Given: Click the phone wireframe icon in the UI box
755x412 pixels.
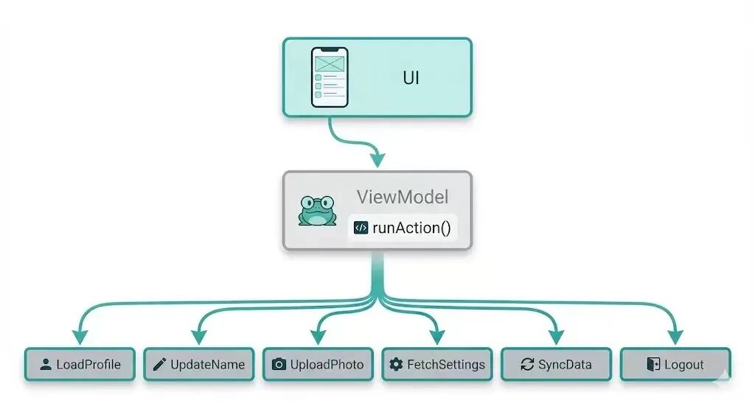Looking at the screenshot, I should click(330, 77).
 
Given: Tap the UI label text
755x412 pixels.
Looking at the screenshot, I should click(411, 77).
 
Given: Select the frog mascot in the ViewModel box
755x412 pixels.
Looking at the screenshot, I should click(316, 211).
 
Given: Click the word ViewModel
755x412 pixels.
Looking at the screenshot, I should click(402, 197).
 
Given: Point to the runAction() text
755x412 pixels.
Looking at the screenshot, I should click(411, 227).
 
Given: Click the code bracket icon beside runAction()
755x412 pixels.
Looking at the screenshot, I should click(361, 227).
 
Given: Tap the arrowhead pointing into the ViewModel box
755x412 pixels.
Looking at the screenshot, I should click(377, 159).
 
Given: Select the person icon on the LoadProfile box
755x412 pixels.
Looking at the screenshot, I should click(46, 364).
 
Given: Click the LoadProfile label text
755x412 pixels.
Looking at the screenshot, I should click(88, 364).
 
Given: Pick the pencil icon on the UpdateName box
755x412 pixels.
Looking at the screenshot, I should click(159, 364).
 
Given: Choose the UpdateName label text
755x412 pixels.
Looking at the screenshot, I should click(206, 364).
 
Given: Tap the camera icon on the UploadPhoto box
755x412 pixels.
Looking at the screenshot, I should click(279, 364).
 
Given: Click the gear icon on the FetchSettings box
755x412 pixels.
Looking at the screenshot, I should click(397, 364).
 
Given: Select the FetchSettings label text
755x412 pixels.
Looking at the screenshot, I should click(445, 364).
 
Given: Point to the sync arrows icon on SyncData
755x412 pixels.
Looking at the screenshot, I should click(526, 364).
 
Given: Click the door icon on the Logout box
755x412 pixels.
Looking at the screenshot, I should click(653, 364).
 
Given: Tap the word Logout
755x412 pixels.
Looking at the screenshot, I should click(683, 364).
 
